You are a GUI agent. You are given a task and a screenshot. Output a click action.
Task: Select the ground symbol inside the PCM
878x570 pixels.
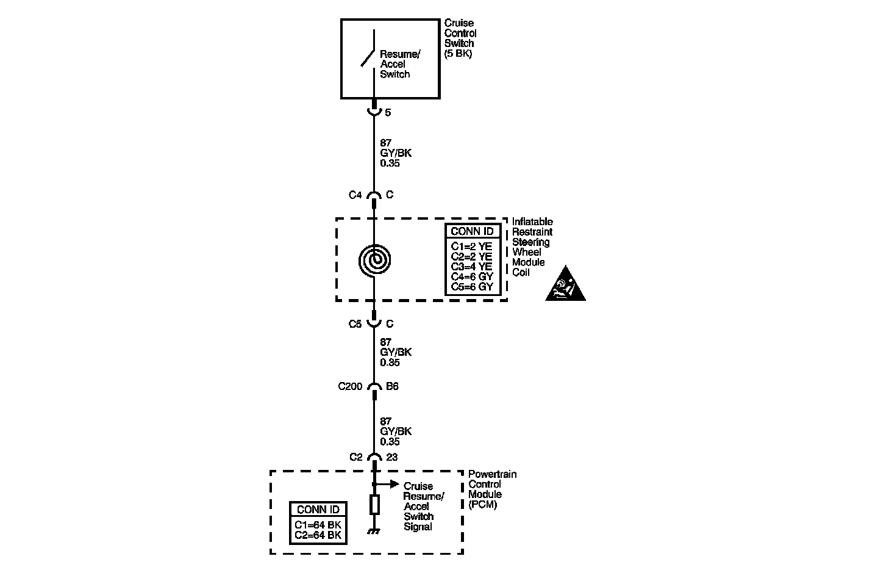[x=374, y=532]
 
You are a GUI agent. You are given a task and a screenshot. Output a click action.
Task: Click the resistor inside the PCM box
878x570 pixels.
[x=374, y=505]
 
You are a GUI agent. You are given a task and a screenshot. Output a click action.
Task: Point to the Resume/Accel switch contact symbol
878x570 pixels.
[x=368, y=57]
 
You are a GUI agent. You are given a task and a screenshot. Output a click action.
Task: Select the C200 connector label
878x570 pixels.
[x=350, y=386]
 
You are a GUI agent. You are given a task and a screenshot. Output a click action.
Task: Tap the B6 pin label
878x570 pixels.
[x=392, y=386]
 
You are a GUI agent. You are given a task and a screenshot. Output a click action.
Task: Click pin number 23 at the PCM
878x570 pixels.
[x=392, y=457]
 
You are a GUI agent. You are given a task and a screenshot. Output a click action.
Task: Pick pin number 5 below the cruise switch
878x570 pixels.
[x=388, y=113]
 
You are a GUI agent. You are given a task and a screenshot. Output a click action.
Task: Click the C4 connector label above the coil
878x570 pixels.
[x=355, y=195]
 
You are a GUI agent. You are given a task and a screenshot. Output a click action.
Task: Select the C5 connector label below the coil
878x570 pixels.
[x=355, y=324]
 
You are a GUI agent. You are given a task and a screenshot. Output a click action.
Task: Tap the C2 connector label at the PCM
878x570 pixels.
[x=356, y=457]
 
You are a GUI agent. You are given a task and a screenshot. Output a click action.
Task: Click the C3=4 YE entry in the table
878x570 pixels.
[x=471, y=267]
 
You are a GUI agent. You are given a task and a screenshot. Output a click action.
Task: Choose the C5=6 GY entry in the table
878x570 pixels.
[x=471, y=287]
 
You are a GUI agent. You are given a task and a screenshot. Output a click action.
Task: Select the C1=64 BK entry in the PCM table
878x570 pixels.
[x=318, y=525]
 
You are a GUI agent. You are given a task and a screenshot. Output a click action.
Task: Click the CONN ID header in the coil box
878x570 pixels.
[x=472, y=231]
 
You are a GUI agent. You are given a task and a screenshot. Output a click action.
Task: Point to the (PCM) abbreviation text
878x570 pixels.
[x=482, y=505]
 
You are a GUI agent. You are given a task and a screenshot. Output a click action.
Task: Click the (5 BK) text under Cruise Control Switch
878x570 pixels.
[x=459, y=54]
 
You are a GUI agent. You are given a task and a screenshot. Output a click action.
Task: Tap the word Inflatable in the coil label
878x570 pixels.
[x=532, y=222]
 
